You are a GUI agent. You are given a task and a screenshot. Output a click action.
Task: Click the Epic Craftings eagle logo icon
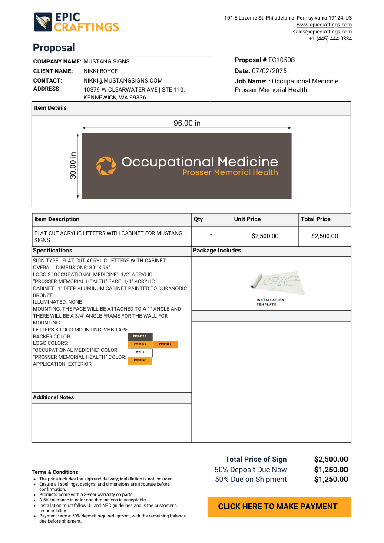[43, 22]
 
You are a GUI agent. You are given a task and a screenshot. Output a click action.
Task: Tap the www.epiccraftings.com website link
[324, 25]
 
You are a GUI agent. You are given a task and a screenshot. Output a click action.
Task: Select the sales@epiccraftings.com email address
[322, 32]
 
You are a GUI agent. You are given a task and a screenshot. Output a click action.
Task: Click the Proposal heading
[54, 48]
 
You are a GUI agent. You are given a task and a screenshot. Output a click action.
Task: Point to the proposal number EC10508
[281, 60]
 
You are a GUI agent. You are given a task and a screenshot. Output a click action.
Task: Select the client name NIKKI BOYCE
[101, 71]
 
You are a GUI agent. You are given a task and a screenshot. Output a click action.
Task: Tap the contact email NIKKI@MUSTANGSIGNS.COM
[123, 80]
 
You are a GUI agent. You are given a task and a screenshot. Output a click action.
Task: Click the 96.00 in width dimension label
[187, 123]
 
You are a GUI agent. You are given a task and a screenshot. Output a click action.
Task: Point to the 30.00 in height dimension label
[73, 165]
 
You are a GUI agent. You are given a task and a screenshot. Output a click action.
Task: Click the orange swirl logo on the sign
[106, 166]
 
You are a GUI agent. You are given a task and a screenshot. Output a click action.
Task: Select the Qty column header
[199, 219]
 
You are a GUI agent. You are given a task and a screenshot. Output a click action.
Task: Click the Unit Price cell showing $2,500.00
[265, 236]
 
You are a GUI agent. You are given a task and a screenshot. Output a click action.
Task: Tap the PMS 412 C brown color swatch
[140, 337]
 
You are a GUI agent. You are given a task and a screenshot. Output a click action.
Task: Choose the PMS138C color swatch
[165, 344]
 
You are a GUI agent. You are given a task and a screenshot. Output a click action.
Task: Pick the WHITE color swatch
[140, 352]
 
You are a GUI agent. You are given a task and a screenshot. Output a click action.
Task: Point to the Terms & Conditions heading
[55, 472]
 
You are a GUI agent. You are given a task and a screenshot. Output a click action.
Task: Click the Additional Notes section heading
[53, 397]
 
